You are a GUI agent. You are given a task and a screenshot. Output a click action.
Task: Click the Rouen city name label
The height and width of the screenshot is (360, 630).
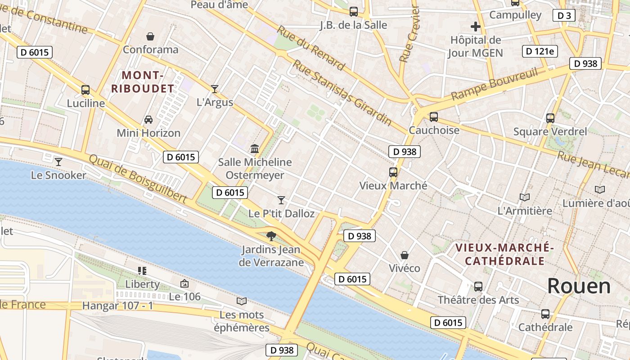pyautogui.click(x=579, y=286)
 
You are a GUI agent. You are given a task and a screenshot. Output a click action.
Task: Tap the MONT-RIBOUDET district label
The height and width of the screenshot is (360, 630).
pyautogui.click(x=143, y=82)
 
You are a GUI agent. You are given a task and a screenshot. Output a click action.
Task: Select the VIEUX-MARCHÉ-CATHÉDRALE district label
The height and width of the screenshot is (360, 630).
pyautogui.click(x=504, y=254)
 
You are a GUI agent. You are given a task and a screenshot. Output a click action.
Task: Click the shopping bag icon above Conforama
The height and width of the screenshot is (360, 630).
pyautogui.click(x=150, y=36)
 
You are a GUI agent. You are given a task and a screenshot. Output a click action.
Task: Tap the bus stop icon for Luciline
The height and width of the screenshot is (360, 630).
pyautogui.click(x=85, y=90)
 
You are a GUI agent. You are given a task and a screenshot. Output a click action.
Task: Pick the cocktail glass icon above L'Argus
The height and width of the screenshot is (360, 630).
pyautogui.click(x=215, y=89)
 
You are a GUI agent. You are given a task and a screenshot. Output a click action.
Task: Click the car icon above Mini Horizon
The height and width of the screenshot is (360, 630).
pyautogui.click(x=148, y=120)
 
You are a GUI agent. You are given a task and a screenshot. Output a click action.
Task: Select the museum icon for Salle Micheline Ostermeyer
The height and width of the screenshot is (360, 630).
pyautogui.click(x=255, y=148)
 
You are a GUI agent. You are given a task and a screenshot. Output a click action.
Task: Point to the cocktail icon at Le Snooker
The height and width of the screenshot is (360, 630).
pyautogui.click(x=58, y=162)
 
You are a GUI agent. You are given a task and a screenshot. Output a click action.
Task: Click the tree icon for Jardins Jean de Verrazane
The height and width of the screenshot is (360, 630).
pyautogui.click(x=271, y=236)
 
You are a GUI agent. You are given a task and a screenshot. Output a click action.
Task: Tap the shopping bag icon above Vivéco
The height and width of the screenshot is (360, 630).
pyautogui.click(x=405, y=255)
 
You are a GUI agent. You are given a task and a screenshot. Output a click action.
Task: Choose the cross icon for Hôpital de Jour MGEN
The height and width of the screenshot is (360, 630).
pyautogui.click(x=475, y=27)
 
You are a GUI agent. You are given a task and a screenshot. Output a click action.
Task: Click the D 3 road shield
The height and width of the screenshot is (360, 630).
pyautogui.click(x=564, y=15)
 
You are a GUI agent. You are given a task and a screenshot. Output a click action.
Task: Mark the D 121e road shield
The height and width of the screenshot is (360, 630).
pyautogui.click(x=540, y=51)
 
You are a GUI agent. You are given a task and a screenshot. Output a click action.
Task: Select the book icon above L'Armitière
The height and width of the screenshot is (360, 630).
pyautogui.click(x=524, y=197)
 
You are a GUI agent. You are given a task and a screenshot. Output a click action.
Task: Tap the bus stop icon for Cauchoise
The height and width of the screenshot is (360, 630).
pyautogui.click(x=434, y=117)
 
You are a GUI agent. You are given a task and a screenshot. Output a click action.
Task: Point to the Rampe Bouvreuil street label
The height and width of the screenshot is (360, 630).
pyautogui.click(x=495, y=84)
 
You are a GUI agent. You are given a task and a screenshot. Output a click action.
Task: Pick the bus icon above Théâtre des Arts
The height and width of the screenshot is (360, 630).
pyautogui.click(x=478, y=286)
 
